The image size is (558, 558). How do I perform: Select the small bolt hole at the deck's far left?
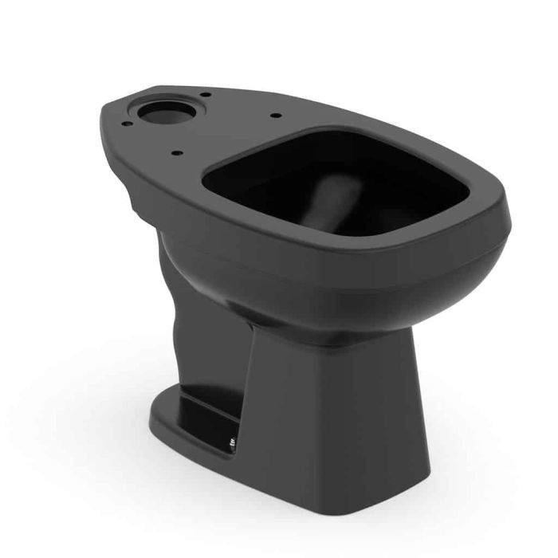pyautogui.click(x=125, y=123)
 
